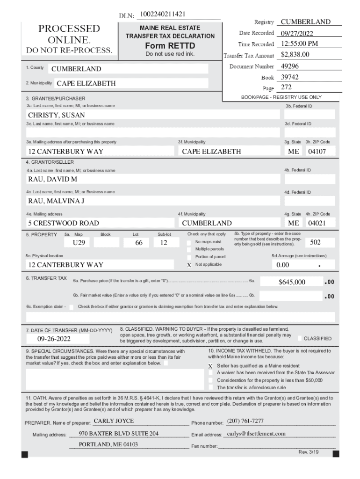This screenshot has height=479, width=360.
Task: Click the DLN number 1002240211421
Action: [x=162, y=15]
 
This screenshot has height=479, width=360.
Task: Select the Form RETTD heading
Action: [x=170, y=45]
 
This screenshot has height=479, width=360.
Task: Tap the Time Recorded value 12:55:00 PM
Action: [x=300, y=44]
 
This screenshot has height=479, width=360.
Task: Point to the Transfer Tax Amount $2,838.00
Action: [x=295, y=55]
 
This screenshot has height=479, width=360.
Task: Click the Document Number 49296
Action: [x=290, y=66]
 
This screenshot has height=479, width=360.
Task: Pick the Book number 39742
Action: [x=290, y=77]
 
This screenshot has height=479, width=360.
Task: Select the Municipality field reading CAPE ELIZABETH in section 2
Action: [x=86, y=84]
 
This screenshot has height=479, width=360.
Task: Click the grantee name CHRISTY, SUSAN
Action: [x=57, y=115]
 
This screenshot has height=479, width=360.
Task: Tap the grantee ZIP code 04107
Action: [x=317, y=152]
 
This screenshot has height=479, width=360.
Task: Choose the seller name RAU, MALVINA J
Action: [x=56, y=201]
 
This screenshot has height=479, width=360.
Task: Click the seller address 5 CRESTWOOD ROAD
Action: [x=63, y=223]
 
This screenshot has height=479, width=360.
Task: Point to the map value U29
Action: [x=79, y=243]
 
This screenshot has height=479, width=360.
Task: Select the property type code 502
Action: [x=316, y=242]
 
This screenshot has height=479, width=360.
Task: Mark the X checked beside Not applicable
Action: [x=189, y=265]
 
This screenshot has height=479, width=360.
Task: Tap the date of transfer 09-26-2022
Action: [x=54, y=339]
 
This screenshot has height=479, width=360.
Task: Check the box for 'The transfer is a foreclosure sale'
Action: [x=210, y=387]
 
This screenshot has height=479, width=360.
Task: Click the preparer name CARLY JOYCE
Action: [x=114, y=421]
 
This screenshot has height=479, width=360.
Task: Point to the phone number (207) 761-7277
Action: [x=245, y=421]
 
